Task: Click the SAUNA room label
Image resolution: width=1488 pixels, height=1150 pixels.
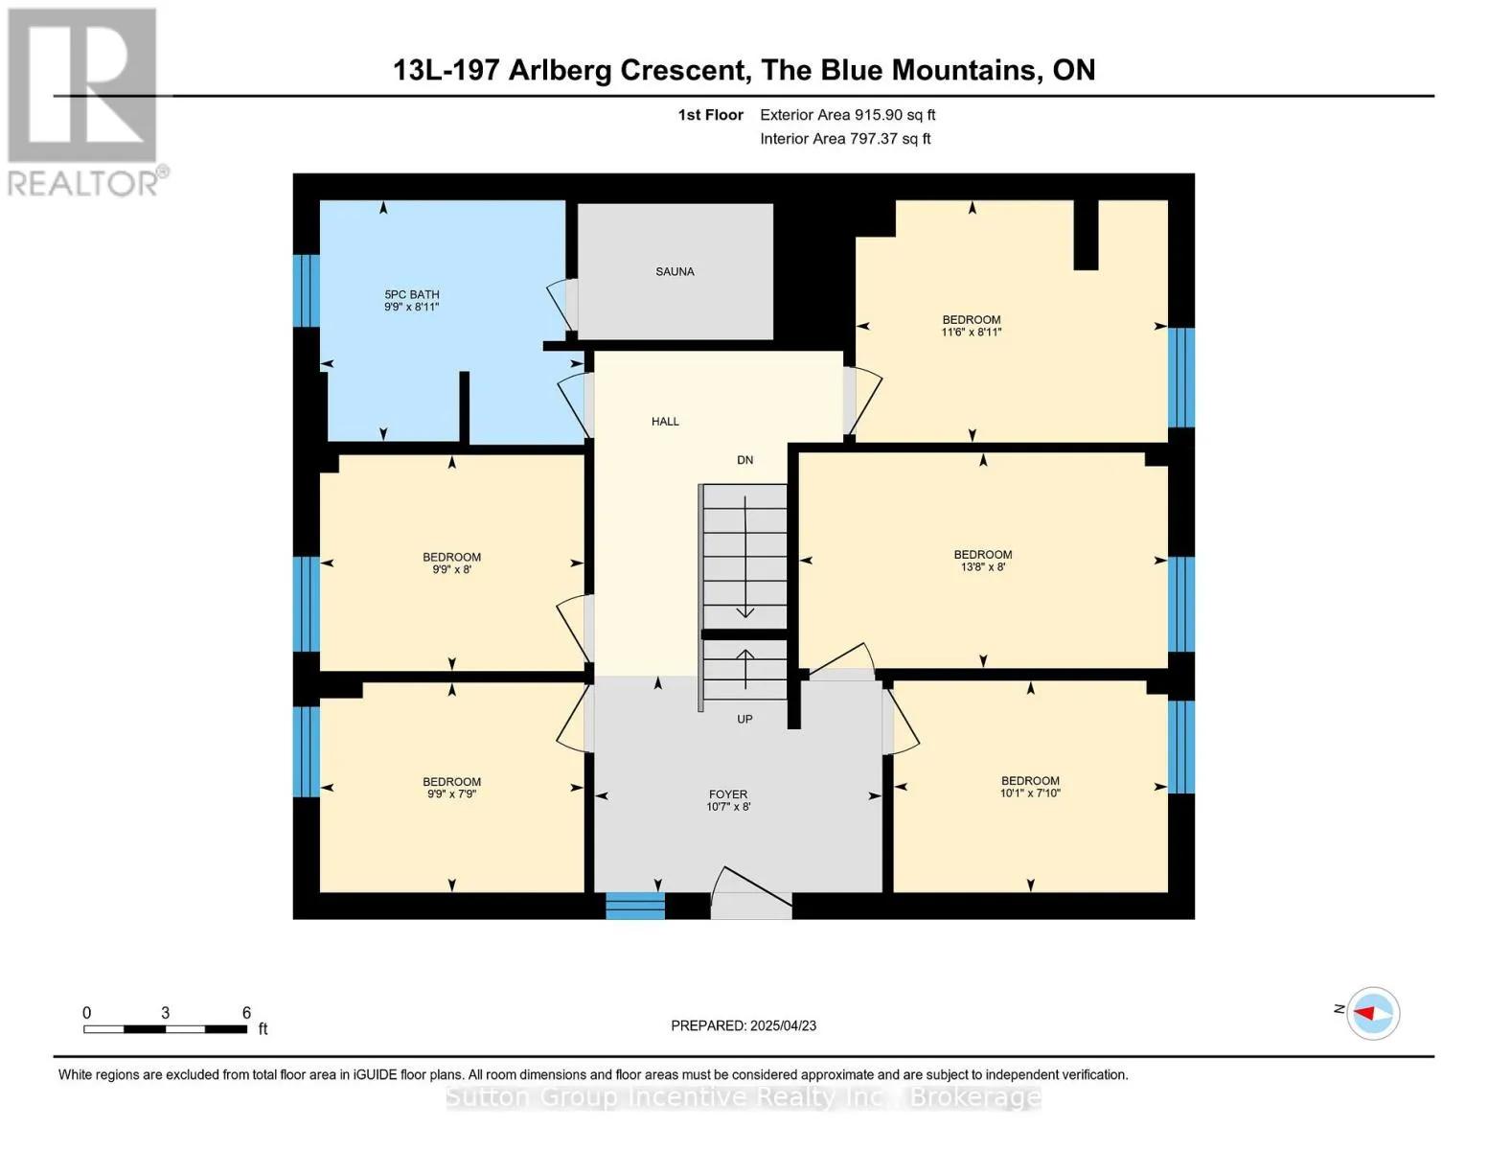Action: coord(675,271)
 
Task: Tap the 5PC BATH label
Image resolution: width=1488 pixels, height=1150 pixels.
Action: coord(412,294)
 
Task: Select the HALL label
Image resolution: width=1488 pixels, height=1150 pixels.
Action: coord(665,422)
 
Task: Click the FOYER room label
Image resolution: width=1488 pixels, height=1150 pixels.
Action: coord(728,793)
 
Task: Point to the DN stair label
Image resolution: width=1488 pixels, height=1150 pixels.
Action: coord(745,460)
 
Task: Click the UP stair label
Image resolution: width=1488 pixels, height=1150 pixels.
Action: coord(744,719)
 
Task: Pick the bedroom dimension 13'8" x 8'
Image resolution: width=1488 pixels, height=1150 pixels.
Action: coord(983,566)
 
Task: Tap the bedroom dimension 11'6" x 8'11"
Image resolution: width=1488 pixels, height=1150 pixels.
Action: coord(971,332)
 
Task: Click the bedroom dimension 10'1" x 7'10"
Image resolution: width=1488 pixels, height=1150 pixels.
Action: coord(1030,793)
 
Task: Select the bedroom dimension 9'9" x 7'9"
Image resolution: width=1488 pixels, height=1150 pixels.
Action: coord(451,793)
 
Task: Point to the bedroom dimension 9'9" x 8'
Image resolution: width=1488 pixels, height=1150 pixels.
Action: coord(451,569)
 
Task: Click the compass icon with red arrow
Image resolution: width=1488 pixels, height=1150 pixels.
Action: coord(1372,1013)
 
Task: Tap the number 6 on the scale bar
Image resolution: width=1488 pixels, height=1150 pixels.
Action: coord(246,1012)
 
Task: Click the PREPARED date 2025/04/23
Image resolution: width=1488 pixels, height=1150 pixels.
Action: coord(784,1025)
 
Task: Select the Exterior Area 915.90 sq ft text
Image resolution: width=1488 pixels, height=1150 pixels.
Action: coord(848,114)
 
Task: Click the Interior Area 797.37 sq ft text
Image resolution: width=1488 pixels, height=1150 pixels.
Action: coord(845,138)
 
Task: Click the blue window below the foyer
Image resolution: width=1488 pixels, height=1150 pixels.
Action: coord(635,906)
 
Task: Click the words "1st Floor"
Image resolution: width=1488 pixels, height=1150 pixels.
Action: coord(710,114)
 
